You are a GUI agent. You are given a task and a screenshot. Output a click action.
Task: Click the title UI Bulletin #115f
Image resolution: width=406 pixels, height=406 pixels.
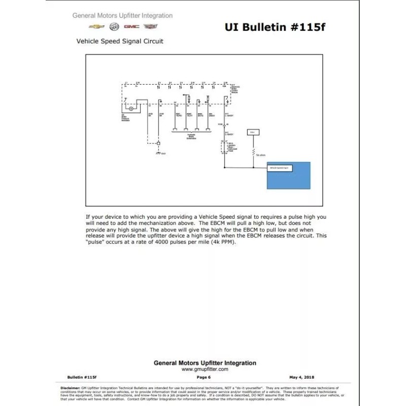(275, 27)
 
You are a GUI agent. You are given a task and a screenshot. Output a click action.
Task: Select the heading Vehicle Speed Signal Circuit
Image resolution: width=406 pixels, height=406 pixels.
(120, 41)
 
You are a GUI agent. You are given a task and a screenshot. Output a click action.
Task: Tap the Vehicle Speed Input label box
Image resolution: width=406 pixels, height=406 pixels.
(280, 167)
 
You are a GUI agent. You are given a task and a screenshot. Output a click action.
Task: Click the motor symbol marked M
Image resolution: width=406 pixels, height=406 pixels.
(131, 109)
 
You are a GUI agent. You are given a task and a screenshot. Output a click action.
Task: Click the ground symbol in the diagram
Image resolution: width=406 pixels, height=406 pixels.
(158, 153)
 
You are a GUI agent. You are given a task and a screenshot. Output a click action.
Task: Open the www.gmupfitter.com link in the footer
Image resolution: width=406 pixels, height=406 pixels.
(205, 370)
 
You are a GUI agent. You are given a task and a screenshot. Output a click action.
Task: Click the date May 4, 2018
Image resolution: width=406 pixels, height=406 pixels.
(301, 377)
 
